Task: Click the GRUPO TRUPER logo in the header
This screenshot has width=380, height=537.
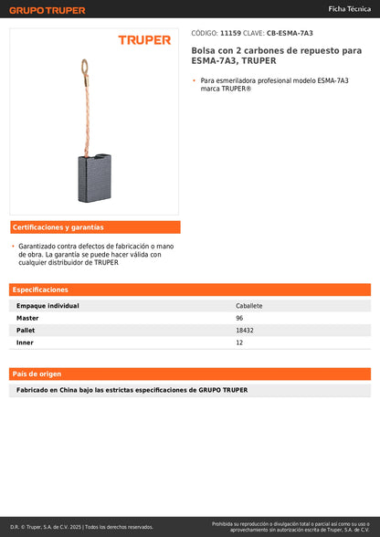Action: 47,10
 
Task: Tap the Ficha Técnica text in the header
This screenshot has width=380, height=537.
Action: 350,8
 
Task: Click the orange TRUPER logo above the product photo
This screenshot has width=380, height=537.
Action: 144,40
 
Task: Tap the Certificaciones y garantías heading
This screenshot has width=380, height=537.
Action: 58,226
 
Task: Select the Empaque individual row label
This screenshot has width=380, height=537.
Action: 47,306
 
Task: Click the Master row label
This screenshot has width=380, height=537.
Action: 27,318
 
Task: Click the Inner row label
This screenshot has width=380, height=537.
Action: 25,342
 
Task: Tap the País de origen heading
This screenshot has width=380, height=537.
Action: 37,374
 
